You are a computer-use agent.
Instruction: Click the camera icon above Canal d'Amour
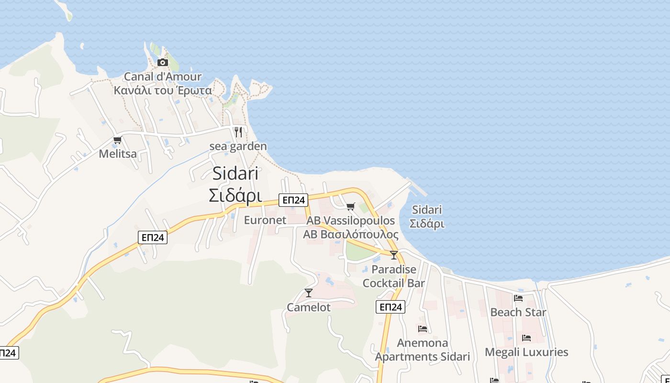(163, 62)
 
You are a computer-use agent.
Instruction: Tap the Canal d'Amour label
(163, 77)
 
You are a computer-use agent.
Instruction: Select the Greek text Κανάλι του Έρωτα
(163, 90)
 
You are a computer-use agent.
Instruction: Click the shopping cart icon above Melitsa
(117, 140)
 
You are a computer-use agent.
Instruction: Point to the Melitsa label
(118, 154)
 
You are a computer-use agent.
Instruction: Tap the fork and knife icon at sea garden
(238, 132)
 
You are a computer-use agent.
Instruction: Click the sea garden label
(238, 146)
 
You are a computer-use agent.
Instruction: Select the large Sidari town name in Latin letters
(235, 173)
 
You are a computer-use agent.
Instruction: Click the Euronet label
(265, 220)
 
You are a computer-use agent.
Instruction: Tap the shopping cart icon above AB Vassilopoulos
(351, 207)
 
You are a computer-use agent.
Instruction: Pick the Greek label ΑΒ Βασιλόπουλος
(351, 235)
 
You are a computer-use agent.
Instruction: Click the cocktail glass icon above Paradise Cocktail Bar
(394, 255)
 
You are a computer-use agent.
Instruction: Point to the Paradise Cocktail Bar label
(394, 276)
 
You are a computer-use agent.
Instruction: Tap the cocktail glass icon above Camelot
(309, 293)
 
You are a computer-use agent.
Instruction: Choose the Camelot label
(309, 307)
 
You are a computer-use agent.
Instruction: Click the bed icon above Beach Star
(518, 298)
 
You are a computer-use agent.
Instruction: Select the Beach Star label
(518, 312)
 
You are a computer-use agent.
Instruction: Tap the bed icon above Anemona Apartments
(423, 329)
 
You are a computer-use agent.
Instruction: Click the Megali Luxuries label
(526, 352)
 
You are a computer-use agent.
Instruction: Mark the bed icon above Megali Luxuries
(526, 338)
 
